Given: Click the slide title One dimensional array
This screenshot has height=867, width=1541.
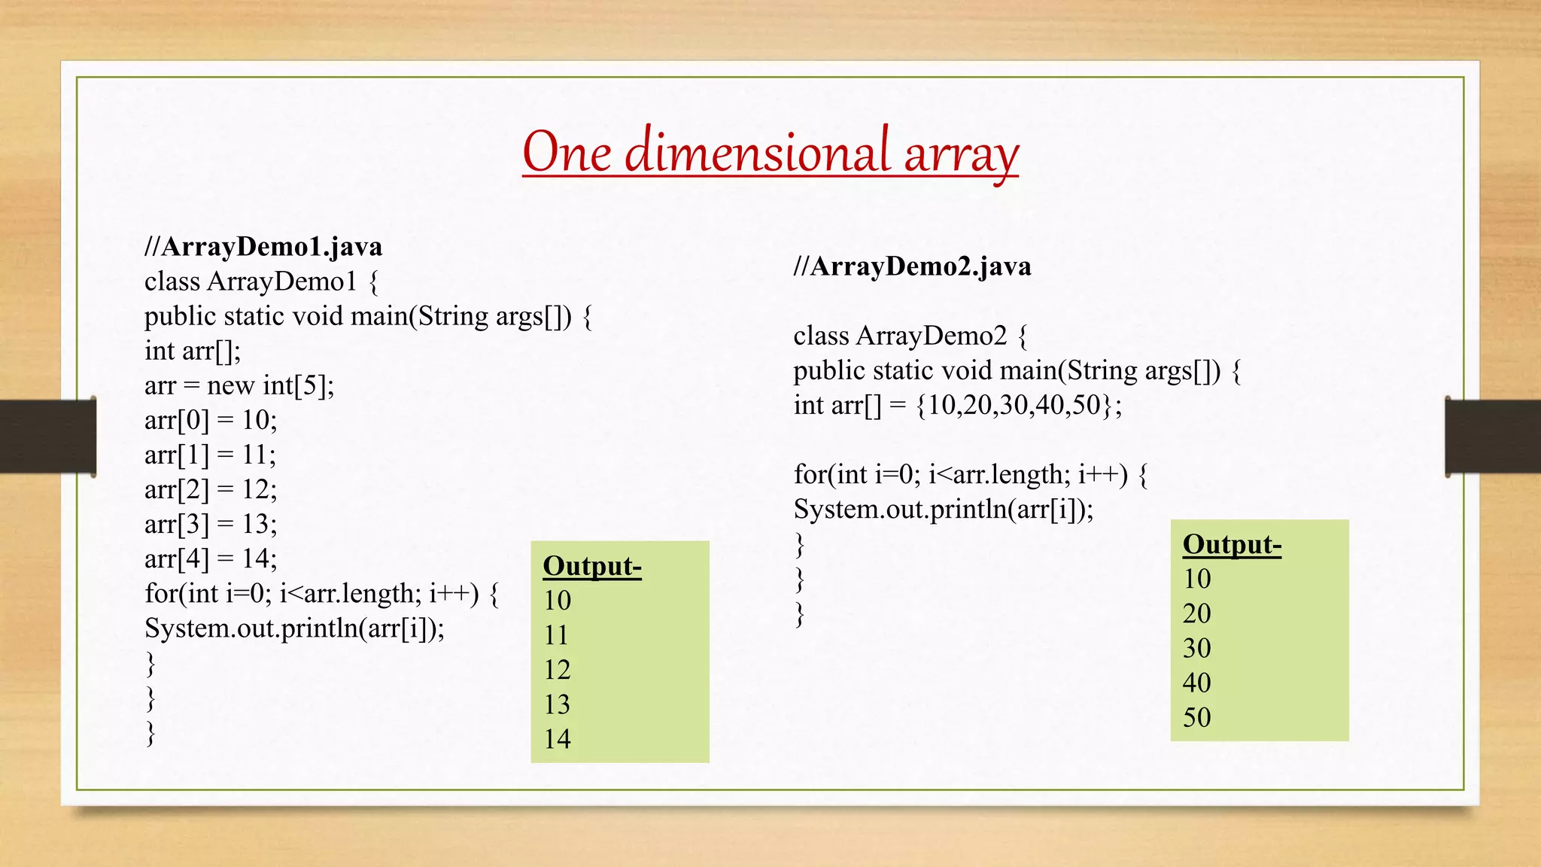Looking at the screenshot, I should [x=770, y=153].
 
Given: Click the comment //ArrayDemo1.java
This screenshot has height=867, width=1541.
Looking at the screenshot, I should [x=263, y=247].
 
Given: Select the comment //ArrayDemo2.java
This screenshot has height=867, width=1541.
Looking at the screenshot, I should [x=912, y=266].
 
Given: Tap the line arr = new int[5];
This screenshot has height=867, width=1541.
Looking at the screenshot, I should [x=239, y=385].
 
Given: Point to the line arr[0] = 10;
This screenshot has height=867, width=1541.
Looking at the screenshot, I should [x=211, y=420].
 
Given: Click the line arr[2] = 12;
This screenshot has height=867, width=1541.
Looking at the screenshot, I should [x=211, y=489].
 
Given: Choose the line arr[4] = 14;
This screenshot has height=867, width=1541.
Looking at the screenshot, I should [x=211, y=558].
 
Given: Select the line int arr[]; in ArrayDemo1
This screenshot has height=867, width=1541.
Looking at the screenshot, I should [x=193, y=351].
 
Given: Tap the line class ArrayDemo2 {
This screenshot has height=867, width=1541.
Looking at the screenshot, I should [x=910, y=336].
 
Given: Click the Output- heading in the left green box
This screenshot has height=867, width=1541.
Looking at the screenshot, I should [x=592, y=566].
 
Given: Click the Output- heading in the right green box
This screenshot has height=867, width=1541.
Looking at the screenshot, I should [x=1232, y=544].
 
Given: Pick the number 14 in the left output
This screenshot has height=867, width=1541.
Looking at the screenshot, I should [x=558, y=739].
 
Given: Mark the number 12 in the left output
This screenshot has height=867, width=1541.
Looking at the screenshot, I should [x=558, y=670].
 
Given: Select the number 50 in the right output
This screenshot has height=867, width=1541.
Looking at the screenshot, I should [x=1196, y=717].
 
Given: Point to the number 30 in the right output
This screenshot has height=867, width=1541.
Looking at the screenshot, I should [x=1196, y=648].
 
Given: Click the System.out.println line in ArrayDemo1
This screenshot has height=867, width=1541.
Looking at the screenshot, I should [x=294, y=628].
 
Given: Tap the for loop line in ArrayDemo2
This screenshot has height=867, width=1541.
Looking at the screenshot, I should [x=970, y=475].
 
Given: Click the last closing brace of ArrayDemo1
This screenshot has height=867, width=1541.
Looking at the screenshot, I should [x=150, y=732].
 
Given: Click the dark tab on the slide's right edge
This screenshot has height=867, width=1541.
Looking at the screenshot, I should [x=1493, y=437].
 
